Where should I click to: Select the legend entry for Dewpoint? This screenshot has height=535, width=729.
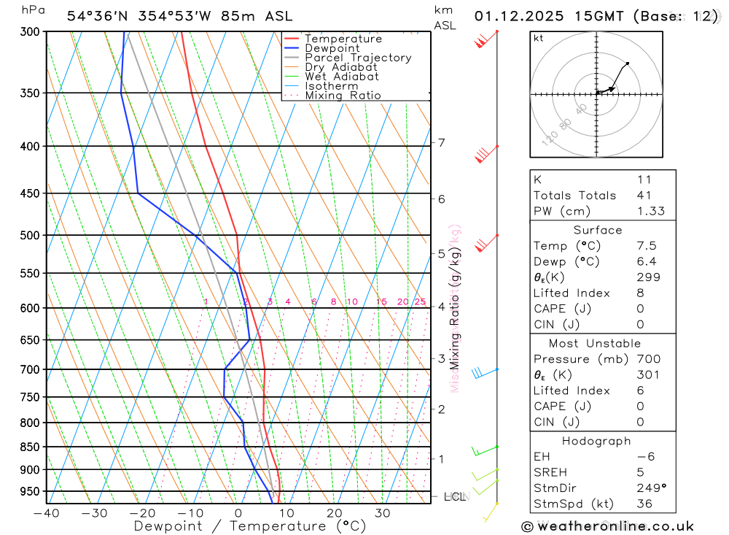click(332, 48)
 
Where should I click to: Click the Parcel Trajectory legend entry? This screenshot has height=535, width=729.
click(358, 58)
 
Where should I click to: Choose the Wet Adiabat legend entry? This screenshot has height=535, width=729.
click(342, 77)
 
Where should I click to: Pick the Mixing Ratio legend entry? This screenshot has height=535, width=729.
click(343, 96)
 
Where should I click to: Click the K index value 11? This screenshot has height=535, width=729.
click(644, 180)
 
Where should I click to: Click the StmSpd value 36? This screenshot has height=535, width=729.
click(644, 504)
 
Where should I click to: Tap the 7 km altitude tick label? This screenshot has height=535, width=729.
click(442, 142)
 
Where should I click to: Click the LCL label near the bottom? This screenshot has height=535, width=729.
click(454, 496)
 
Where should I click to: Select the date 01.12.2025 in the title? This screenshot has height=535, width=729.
click(518, 16)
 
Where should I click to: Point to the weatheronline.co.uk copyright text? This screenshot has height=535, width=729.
click(607, 526)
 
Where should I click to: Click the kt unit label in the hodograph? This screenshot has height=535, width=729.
click(539, 38)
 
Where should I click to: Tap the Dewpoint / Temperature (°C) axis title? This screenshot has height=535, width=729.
click(250, 526)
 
